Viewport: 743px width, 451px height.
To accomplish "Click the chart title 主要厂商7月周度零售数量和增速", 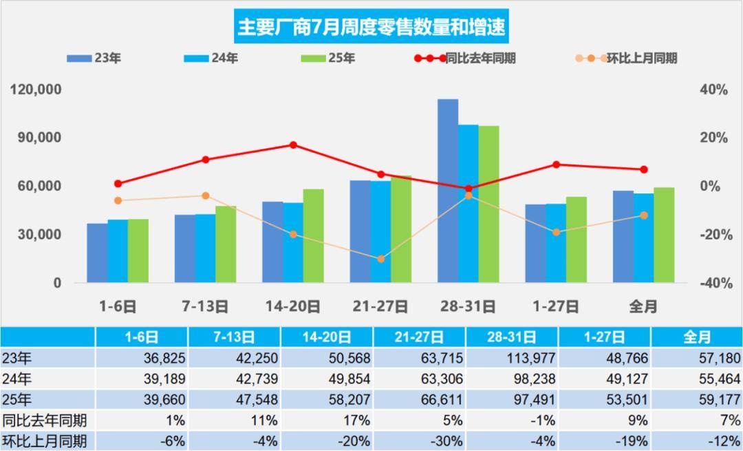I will coord(371,27).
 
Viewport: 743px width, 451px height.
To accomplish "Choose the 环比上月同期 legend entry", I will coord(625,59).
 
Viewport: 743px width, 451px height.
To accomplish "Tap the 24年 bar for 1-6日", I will coord(118,251).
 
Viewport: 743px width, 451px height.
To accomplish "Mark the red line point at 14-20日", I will coord(293,145).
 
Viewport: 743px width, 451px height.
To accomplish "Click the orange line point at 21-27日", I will coord(380,259).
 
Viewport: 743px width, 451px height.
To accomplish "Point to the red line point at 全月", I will coord(644,169).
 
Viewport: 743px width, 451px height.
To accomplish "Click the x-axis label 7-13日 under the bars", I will coord(205,306).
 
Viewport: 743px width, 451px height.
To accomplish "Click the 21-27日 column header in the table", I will coord(420,337).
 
